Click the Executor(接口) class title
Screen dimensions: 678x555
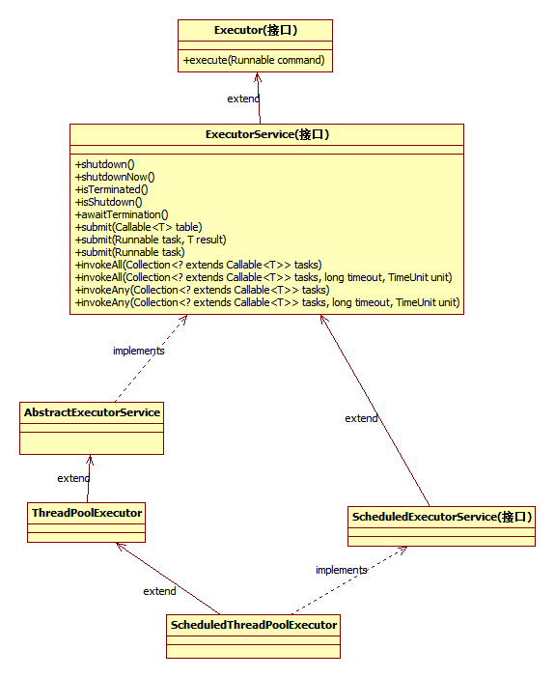click(255, 30)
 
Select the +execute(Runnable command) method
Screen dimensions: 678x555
click(254, 61)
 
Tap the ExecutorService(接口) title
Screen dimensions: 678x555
click(266, 134)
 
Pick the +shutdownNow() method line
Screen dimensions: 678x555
click(115, 177)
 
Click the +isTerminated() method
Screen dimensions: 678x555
click(112, 189)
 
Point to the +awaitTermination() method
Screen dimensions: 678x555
click(122, 214)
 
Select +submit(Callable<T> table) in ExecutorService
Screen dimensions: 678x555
click(139, 227)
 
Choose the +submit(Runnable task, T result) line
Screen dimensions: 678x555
click(151, 240)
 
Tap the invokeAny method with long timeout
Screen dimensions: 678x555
click(267, 302)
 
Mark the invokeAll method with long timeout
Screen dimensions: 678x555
click(264, 277)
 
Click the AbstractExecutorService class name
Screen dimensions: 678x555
click(92, 412)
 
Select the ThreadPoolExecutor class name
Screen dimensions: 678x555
click(87, 513)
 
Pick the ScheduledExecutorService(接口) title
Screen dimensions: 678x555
click(441, 517)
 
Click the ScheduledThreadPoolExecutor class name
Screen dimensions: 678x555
click(254, 625)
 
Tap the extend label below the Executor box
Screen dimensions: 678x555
click(242, 99)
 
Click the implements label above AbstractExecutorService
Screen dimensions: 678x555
click(138, 351)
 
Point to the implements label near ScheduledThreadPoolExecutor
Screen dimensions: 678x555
click(341, 570)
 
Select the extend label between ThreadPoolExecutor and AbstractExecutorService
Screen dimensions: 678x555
click(73, 478)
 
